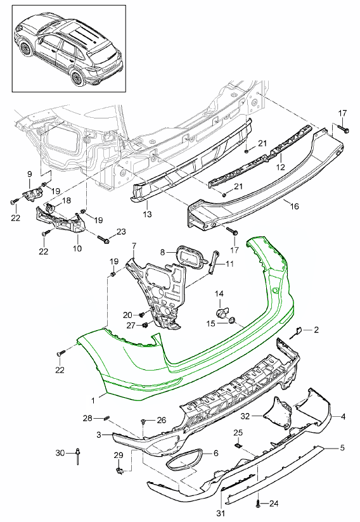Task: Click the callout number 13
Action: pyautogui.click(x=147, y=213)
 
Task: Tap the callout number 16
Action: pyautogui.click(x=294, y=206)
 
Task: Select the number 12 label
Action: pyautogui.click(x=280, y=167)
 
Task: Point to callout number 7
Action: pyautogui.click(x=134, y=246)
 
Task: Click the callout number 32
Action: pyautogui.click(x=245, y=416)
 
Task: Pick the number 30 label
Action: pyautogui.click(x=60, y=453)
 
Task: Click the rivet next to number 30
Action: pyautogui.click(x=78, y=455)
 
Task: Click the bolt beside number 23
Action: pyautogui.click(x=103, y=239)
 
